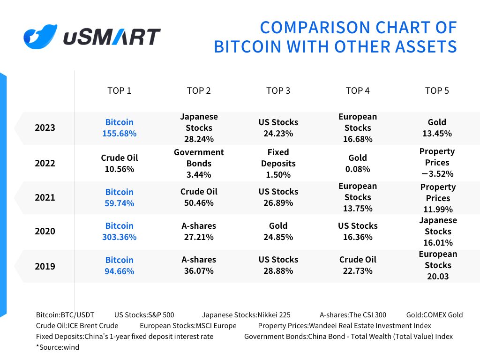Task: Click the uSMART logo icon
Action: coord(40,37)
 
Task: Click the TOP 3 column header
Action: coord(278,90)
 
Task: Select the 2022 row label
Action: coord(45,163)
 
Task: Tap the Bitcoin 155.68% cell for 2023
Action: coord(119,127)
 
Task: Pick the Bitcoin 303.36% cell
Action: coord(119,231)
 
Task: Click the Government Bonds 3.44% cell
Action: coord(199,163)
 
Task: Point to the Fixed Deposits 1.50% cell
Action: coord(278,163)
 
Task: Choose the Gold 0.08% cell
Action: coord(358,163)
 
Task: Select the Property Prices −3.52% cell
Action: coord(437,163)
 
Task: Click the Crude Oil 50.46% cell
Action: coord(199,197)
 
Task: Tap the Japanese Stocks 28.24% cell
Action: coord(199,127)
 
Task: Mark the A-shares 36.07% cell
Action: coord(199,265)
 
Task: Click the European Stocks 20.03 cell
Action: coord(438,265)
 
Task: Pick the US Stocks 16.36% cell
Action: coord(358,231)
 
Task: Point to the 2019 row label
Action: coord(45,266)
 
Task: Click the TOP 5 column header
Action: coord(437,90)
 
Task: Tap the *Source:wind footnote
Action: coord(58,347)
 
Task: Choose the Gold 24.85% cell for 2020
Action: coord(278,231)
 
